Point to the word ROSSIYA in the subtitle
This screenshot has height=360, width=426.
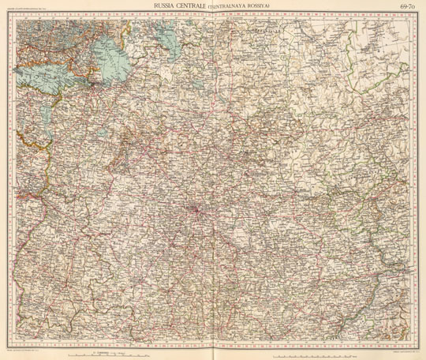(x=260, y=8)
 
